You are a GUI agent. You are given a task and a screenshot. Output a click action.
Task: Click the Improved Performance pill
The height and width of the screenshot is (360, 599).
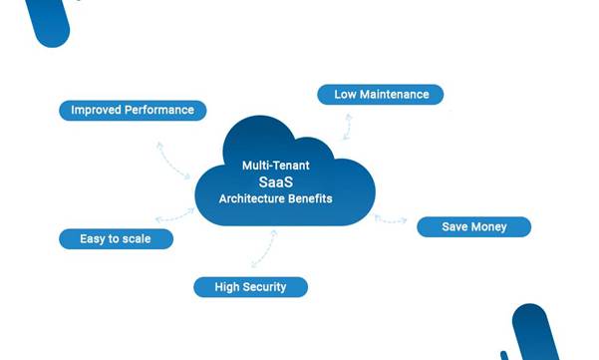(x=133, y=110)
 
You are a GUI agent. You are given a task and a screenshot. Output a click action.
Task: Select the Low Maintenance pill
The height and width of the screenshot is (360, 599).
(x=381, y=95)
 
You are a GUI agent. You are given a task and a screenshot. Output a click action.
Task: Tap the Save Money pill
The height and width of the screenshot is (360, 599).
(x=473, y=227)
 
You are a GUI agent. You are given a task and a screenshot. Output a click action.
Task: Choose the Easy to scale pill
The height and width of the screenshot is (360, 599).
(x=117, y=239)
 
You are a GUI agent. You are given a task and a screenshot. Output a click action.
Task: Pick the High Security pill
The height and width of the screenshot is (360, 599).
(x=250, y=287)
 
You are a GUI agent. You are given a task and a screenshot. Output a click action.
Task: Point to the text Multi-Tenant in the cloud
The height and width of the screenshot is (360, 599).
(x=276, y=165)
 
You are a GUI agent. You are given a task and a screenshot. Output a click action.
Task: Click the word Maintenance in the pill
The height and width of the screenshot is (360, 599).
(x=396, y=95)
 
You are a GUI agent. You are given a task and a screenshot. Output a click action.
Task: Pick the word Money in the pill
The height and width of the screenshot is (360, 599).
(x=489, y=227)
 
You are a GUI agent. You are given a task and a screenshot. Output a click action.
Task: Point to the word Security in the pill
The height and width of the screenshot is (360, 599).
(x=263, y=287)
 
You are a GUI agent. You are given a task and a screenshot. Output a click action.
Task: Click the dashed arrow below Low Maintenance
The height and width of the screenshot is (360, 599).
(x=347, y=126)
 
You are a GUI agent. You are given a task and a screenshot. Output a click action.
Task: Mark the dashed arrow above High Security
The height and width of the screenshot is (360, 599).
(x=263, y=248)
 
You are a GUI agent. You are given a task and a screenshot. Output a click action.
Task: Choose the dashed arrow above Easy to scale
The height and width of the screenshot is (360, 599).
(x=175, y=214)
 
